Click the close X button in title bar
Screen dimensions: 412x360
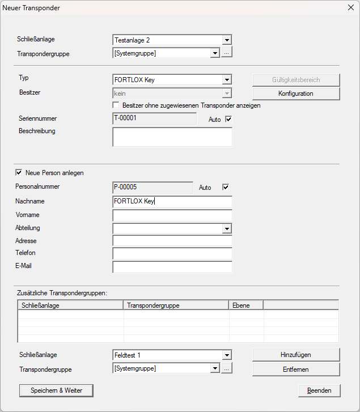coord(349,8)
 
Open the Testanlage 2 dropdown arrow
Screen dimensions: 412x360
coord(227,40)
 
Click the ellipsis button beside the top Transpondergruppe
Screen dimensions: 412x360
coord(227,53)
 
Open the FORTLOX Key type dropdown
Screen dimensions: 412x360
coord(227,80)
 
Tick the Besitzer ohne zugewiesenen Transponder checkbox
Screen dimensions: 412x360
coord(116,105)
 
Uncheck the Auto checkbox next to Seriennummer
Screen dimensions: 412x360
coord(229,119)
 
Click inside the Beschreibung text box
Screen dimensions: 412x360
coord(172,137)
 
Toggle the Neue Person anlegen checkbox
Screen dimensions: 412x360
coord(19,173)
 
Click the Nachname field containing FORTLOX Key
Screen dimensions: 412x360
coord(172,202)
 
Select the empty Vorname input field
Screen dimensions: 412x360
coord(172,215)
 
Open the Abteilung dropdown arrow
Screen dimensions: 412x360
coord(227,228)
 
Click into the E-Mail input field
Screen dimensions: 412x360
coord(172,267)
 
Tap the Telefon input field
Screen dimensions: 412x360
coord(172,254)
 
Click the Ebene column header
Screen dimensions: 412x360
coord(245,305)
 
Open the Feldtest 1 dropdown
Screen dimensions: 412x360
coord(227,355)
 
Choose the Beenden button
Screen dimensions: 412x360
coord(319,390)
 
